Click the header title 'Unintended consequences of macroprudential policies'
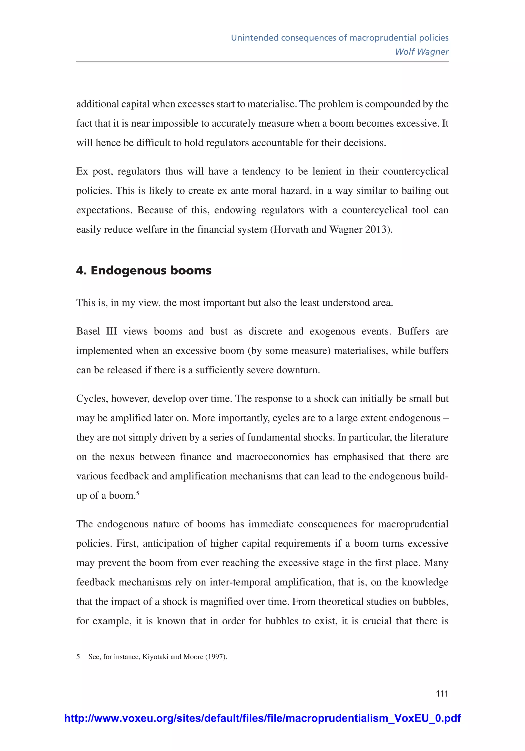click(340, 38)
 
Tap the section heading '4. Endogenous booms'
click(144, 271)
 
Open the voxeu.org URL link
click(262, 718)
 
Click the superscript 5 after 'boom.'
click(138, 493)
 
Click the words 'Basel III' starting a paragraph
click(96, 331)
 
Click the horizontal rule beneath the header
click(262, 61)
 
